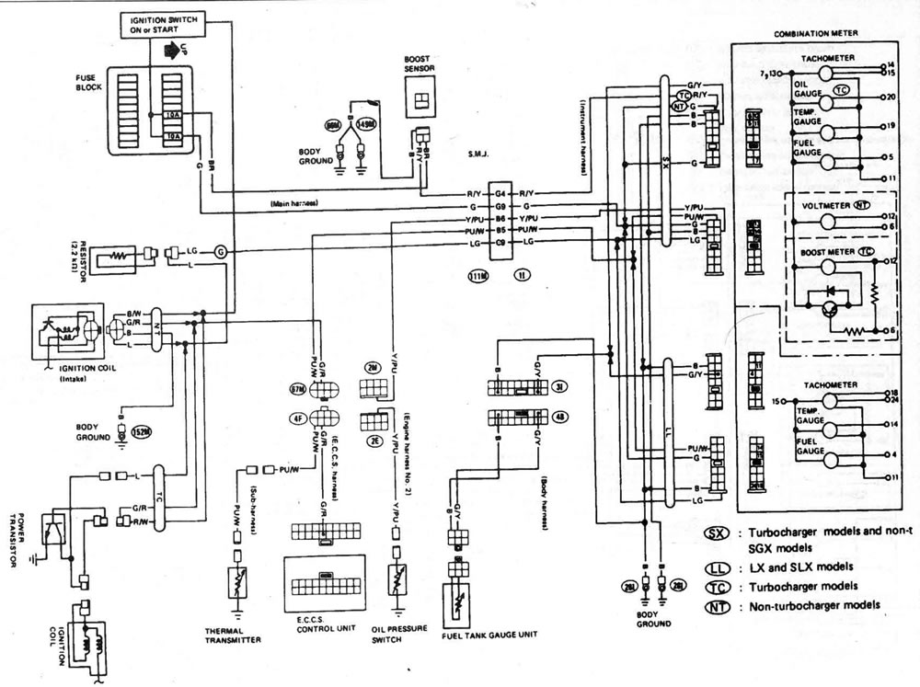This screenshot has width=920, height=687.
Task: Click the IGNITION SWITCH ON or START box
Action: [161, 23]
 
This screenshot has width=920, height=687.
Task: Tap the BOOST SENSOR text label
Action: [420, 63]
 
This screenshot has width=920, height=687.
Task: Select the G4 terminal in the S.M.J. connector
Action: [500, 194]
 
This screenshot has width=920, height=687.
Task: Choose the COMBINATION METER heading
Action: [816, 32]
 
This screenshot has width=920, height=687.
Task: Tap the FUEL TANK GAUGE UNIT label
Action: [489, 635]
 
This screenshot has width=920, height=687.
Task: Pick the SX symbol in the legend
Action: [716, 534]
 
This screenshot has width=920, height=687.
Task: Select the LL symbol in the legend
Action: [716, 567]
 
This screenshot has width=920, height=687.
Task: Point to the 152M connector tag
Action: [141, 430]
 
